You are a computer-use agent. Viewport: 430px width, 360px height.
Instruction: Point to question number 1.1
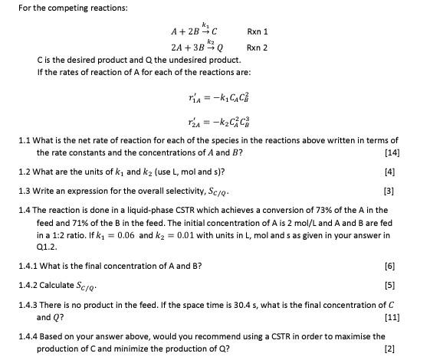[25, 141]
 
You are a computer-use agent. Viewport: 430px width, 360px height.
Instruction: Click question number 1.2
[25, 172]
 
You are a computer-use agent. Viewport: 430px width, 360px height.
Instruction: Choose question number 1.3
[25, 190]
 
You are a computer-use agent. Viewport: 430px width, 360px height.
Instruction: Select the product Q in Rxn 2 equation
[220, 47]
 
